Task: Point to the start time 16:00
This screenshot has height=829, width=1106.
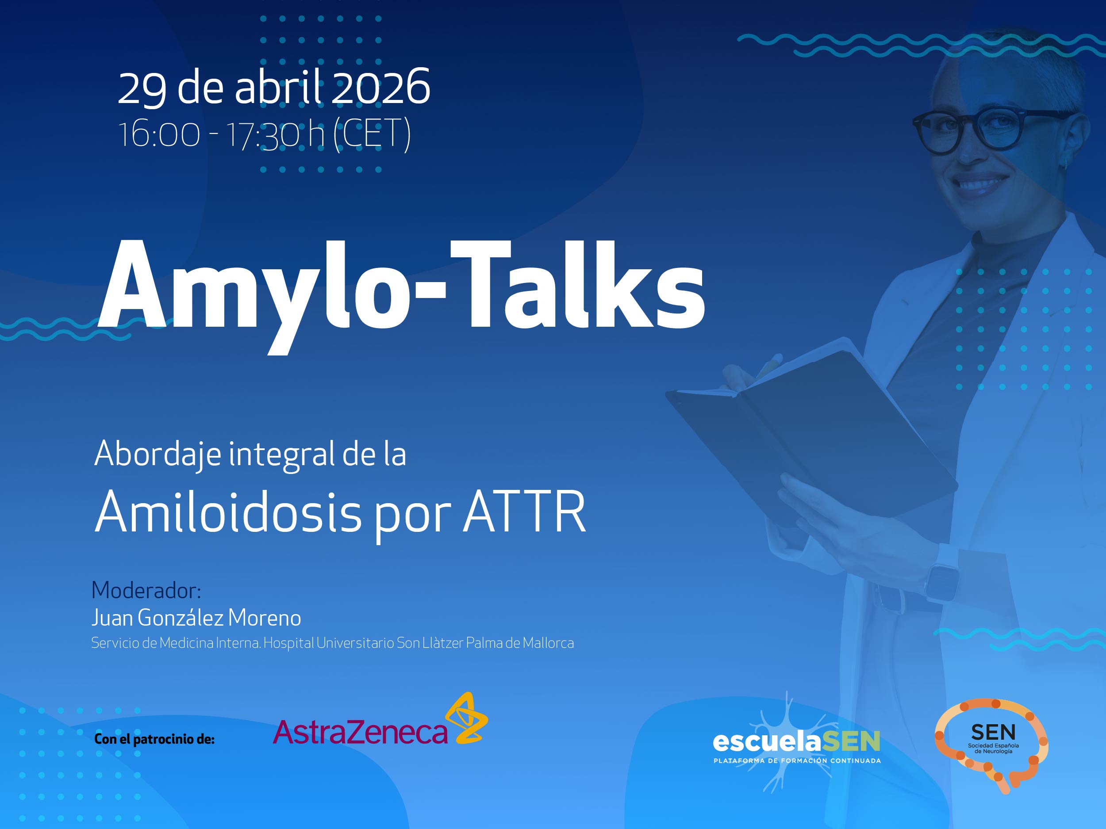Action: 159,134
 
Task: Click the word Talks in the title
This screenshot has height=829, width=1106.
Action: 577,285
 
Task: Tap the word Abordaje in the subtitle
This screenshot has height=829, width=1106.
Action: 157,454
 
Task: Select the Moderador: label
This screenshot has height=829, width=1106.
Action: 146,591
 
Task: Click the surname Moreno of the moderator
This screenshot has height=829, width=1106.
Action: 265,618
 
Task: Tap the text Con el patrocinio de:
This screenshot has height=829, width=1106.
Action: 154,739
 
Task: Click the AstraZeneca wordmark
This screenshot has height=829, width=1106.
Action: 360,733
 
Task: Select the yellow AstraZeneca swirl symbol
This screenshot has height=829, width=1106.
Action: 466,718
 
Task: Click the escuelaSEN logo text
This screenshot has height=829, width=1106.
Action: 796,741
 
